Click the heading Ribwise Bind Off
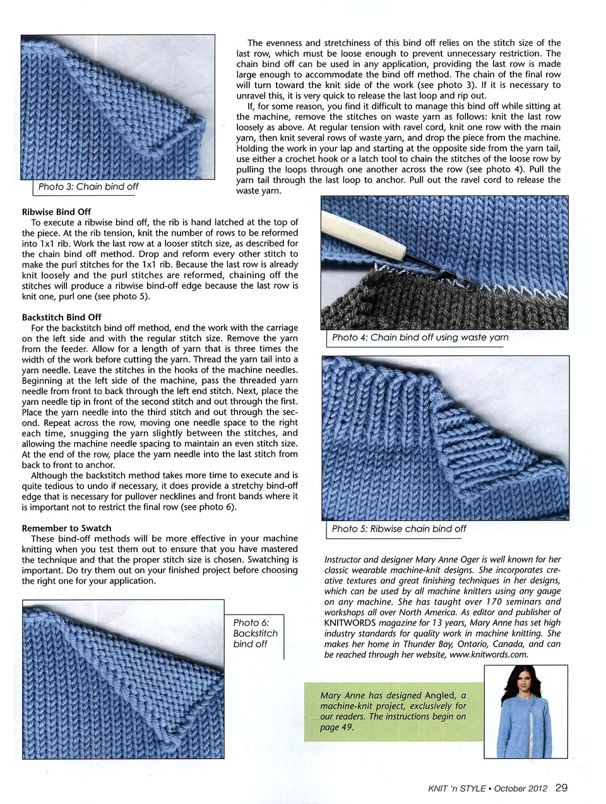[x=56, y=212]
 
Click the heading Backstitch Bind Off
[x=61, y=317]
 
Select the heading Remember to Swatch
[x=66, y=528]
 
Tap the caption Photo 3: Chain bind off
[x=88, y=187]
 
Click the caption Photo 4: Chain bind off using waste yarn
[x=420, y=337]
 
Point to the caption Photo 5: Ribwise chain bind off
[x=398, y=529]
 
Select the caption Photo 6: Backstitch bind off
[x=254, y=633]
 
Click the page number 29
[x=561, y=788]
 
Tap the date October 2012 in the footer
[x=520, y=788]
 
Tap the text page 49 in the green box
[x=337, y=728]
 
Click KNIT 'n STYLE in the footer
[x=456, y=788]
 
